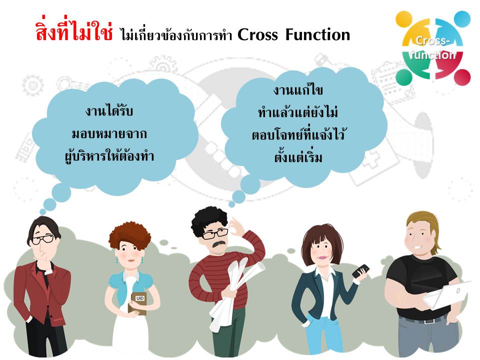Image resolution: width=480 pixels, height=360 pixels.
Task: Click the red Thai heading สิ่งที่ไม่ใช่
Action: tap(74, 31)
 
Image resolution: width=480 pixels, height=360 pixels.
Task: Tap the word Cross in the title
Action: tap(258, 34)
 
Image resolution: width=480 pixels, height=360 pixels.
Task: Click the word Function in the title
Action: tap(318, 34)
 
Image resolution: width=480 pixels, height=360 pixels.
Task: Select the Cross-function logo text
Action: tap(432, 48)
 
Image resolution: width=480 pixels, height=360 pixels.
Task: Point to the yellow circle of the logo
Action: tap(404, 19)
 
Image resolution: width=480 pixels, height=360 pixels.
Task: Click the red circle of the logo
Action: tap(462, 77)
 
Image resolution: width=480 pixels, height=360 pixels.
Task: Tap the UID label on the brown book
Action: tap(140, 298)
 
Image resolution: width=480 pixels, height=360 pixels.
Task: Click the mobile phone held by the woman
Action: tap(360, 271)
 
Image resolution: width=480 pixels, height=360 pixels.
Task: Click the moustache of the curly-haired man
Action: tap(219, 243)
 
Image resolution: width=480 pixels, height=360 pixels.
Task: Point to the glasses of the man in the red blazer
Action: tap(43, 239)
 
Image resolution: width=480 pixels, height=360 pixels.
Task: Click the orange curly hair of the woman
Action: tap(130, 235)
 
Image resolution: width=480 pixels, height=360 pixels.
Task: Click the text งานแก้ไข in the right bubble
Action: tap(298, 90)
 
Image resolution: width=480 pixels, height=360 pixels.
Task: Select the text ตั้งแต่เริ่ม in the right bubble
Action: tap(298, 156)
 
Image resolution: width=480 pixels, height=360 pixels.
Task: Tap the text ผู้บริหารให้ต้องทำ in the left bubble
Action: tap(109, 156)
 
